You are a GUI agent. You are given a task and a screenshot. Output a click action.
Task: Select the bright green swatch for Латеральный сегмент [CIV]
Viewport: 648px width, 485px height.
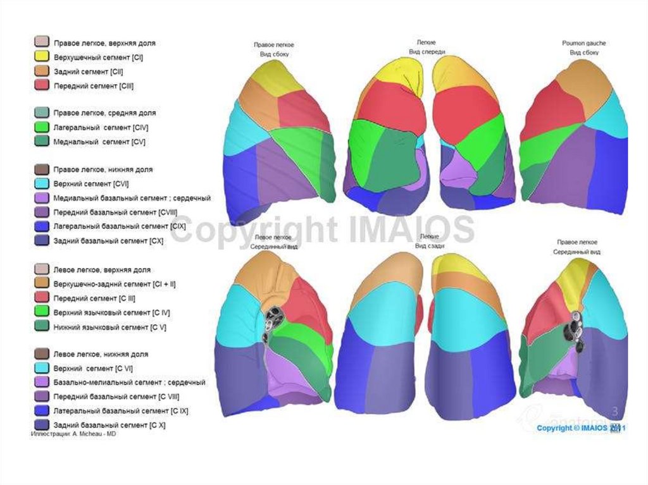pyautogui.click(x=42, y=127)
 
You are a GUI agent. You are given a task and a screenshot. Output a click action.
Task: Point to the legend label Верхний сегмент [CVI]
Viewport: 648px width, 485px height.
pyautogui.click(x=92, y=184)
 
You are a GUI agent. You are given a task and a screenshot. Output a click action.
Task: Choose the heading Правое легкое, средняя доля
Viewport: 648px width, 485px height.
pyautogui.click(x=104, y=113)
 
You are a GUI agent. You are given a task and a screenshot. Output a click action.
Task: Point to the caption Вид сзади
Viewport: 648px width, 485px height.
pyautogui.click(x=427, y=245)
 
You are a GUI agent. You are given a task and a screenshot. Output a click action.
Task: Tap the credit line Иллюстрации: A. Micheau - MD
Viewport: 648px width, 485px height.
pyautogui.click(x=74, y=435)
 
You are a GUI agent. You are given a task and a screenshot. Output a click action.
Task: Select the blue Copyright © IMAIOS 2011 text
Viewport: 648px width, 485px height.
pyautogui.click(x=581, y=428)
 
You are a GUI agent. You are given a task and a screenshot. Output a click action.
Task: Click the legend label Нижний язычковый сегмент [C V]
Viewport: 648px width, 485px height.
pyautogui.click(x=109, y=327)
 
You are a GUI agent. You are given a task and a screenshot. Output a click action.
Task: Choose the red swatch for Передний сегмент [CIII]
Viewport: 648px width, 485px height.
pyautogui.click(x=42, y=85)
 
